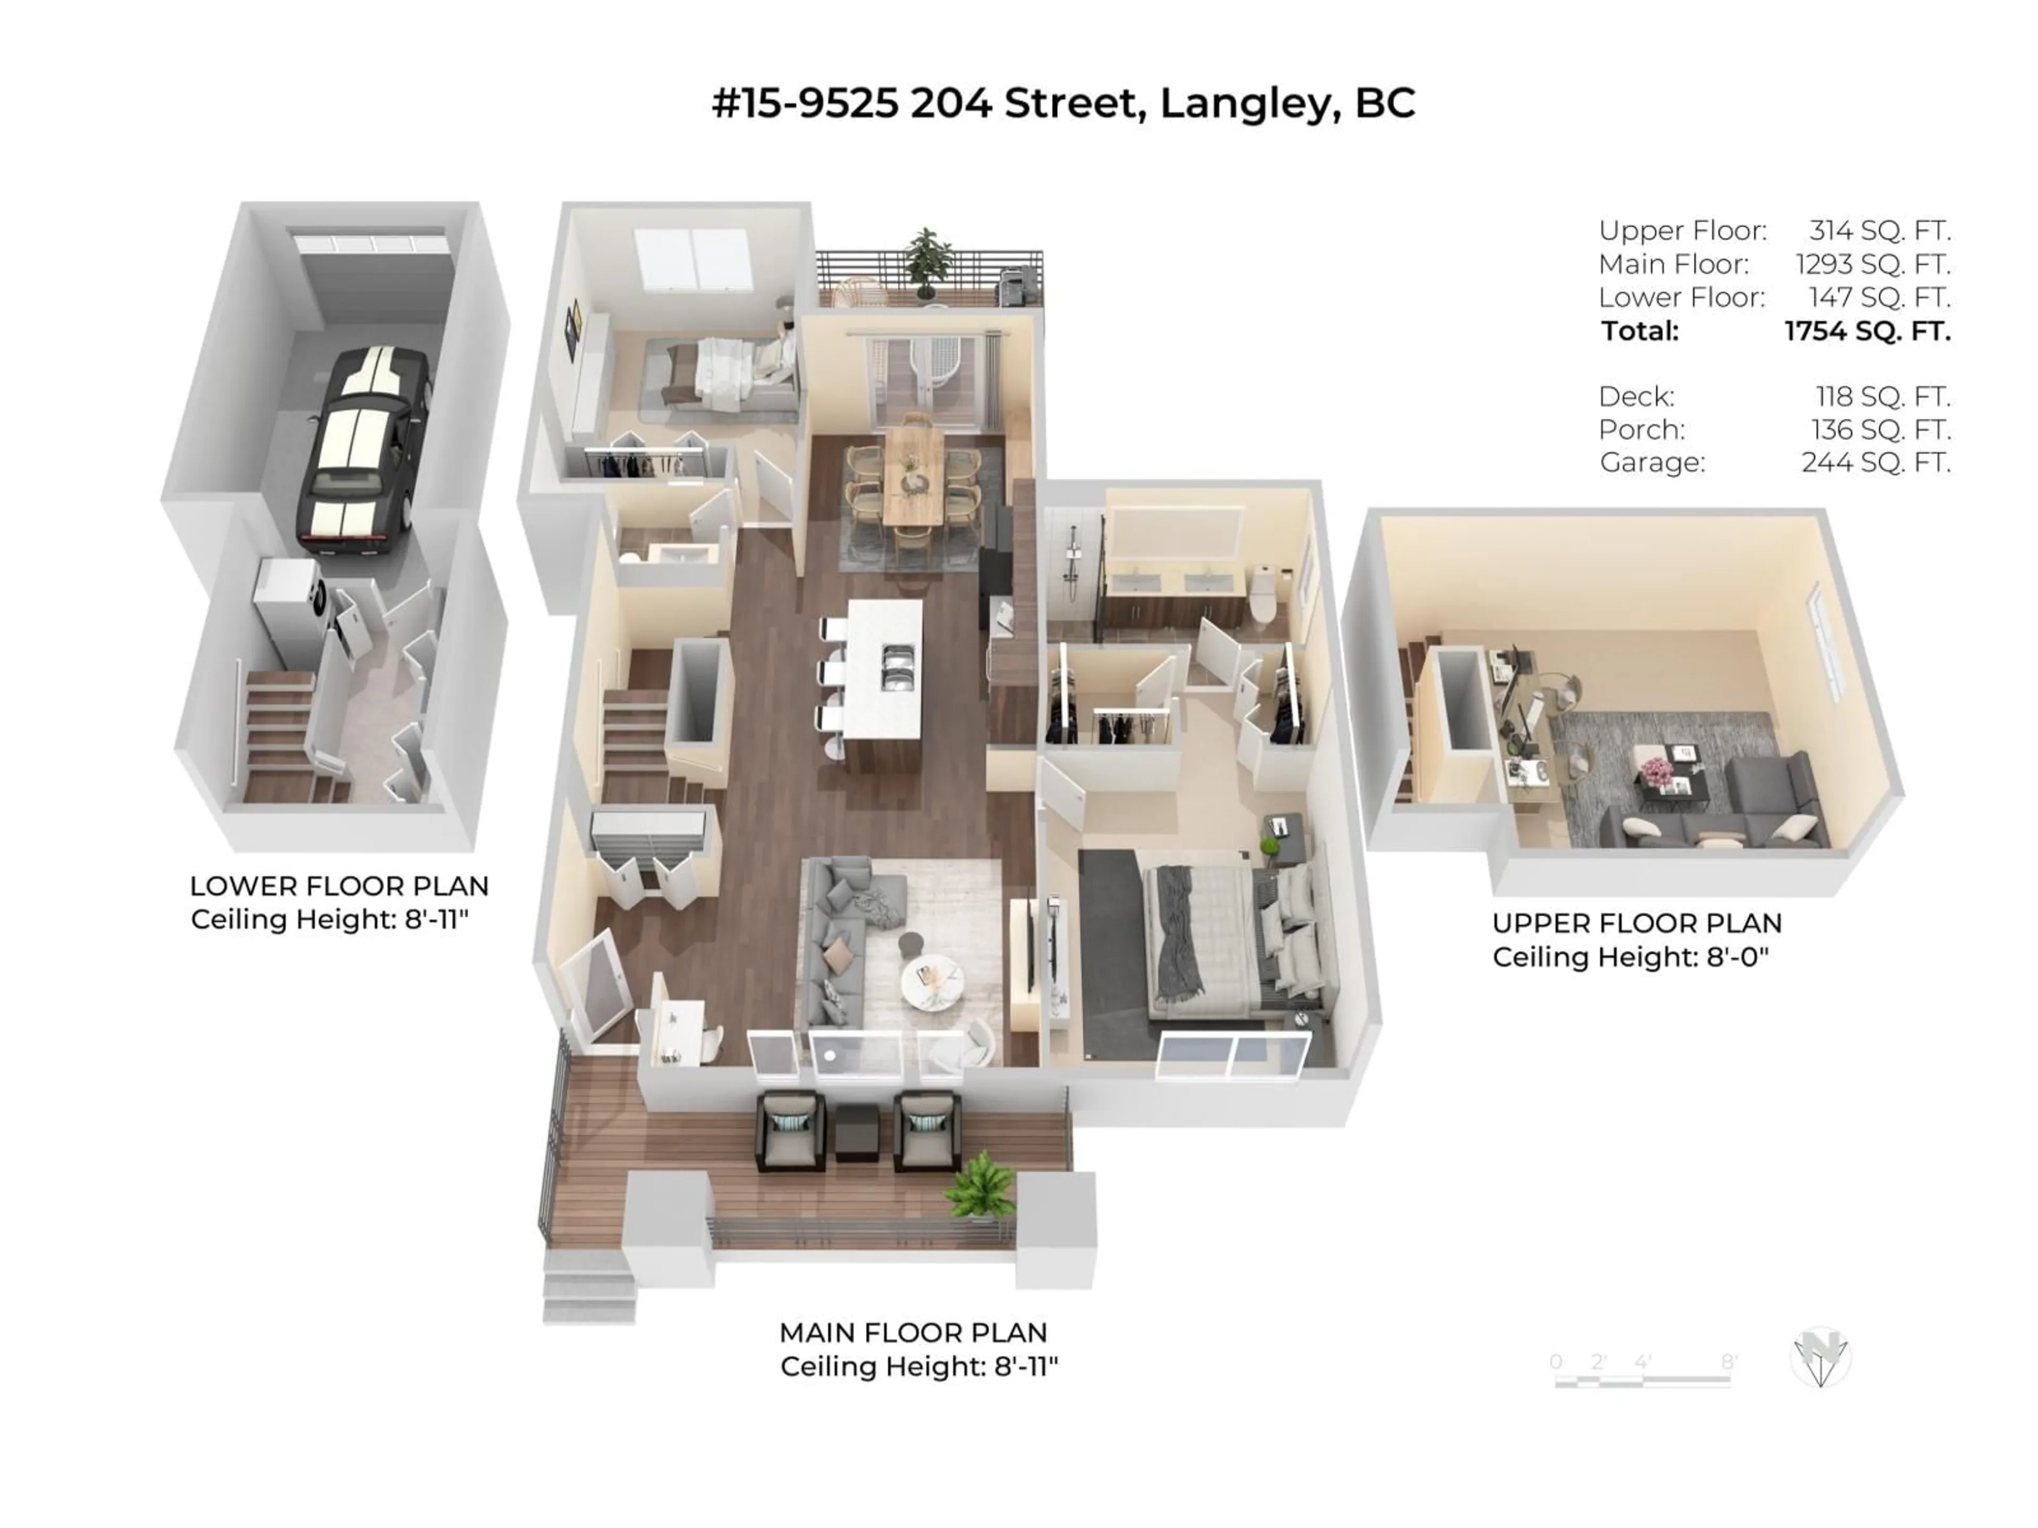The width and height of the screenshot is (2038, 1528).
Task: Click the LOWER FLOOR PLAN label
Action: click(x=339, y=886)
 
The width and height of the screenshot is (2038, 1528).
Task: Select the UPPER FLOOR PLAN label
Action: click(x=1636, y=923)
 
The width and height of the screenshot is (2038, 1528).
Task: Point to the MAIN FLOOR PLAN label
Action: click(x=912, y=1333)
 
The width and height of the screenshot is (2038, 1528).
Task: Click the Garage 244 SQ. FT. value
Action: click(x=1875, y=462)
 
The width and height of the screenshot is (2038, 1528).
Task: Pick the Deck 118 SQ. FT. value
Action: click(x=1882, y=397)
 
